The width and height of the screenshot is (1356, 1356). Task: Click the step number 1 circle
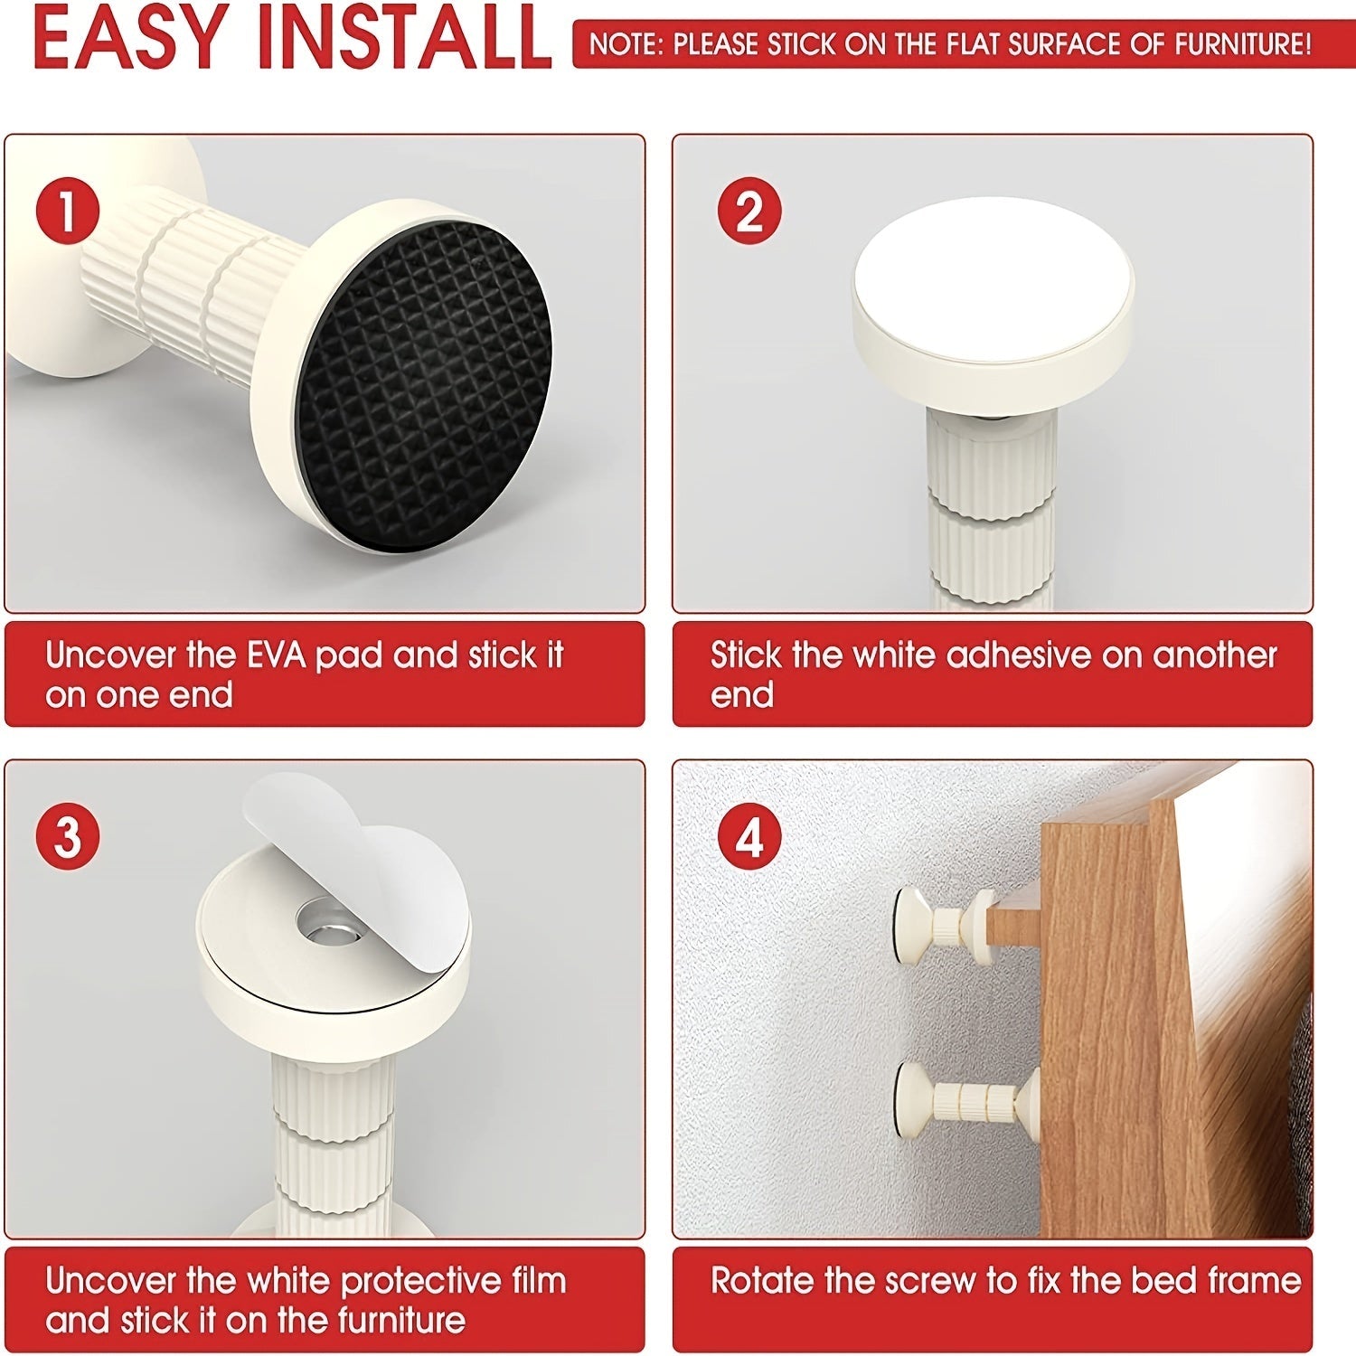pos(68,210)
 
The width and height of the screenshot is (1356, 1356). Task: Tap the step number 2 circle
pos(749,210)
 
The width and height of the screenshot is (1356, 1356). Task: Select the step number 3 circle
pos(68,837)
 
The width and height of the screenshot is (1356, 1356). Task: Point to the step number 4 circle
pos(749,837)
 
